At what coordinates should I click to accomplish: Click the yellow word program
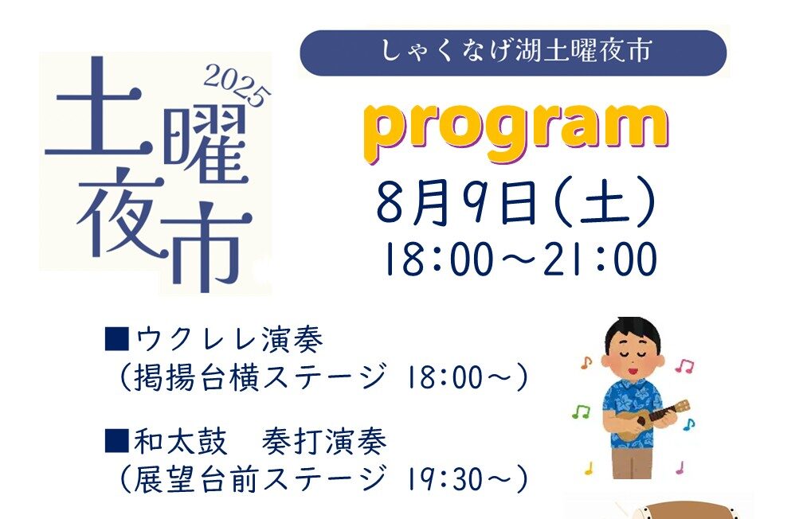[516, 131]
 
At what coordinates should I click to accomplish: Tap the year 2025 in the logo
[237, 86]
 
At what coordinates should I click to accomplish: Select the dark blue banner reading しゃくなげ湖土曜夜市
[513, 53]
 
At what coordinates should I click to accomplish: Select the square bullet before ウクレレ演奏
[116, 339]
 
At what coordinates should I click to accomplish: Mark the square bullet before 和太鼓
[116, 441]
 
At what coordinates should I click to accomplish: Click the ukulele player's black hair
[633, 332]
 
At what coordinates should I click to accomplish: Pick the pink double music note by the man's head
[684, 365]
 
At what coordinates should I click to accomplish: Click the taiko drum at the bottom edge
[686, 510]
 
